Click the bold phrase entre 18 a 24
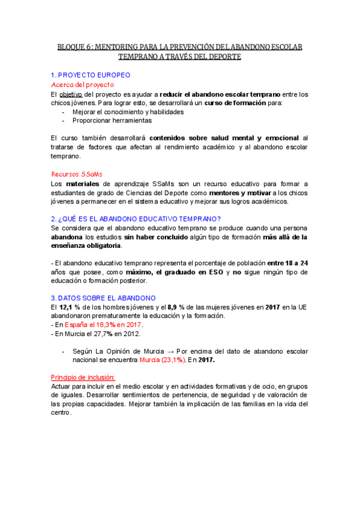[x=287, y=263]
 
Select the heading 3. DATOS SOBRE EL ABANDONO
[x=103, y=298]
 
